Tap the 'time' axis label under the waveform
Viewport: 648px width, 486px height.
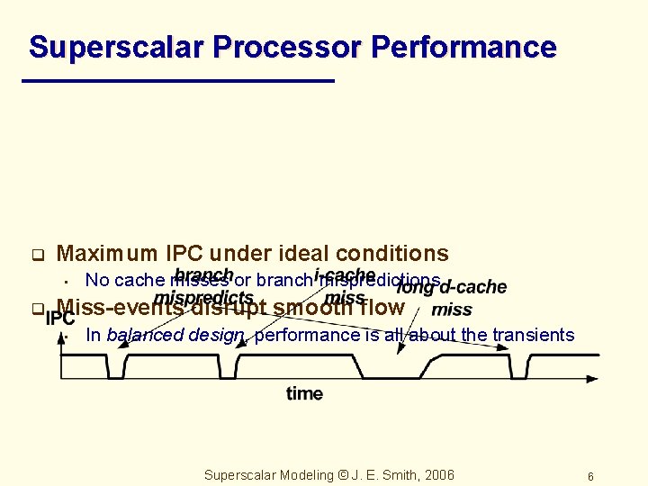(304, 393)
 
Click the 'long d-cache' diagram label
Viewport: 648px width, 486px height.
(452, 287)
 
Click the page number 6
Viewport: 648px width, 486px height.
(590, 476)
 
